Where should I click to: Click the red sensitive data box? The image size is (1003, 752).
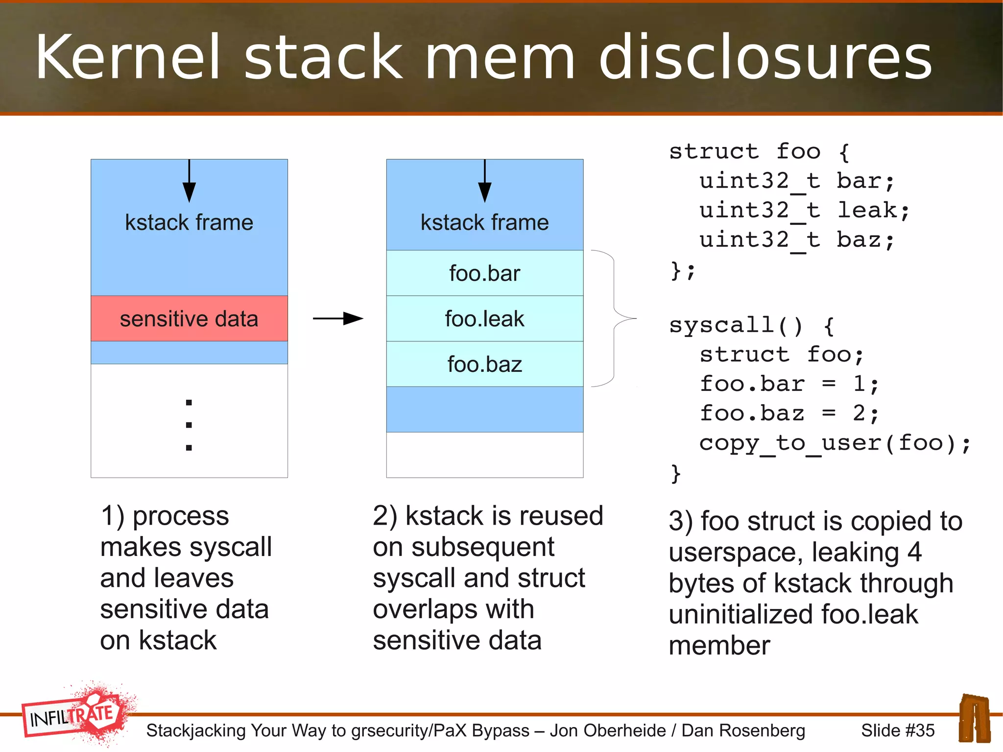point(189,318)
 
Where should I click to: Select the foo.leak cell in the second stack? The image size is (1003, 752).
point(484,318)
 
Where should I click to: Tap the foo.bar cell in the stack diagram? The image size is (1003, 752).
point(484,273)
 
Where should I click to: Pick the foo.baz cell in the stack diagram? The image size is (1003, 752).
point(484,364)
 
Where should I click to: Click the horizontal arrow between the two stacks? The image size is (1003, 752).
point(338,318)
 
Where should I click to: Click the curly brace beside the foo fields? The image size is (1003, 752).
point(614,318)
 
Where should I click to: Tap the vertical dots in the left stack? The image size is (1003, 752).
point(189,425)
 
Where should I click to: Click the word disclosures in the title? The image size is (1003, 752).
point(765,58)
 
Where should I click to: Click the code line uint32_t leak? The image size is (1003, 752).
point(803,211)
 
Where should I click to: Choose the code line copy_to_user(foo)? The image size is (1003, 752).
point(835,443)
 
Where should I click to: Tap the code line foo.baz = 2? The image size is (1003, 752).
point(788,413)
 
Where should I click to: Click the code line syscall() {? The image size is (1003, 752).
point(751,325)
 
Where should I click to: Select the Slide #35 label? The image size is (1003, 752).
point(897,730)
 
